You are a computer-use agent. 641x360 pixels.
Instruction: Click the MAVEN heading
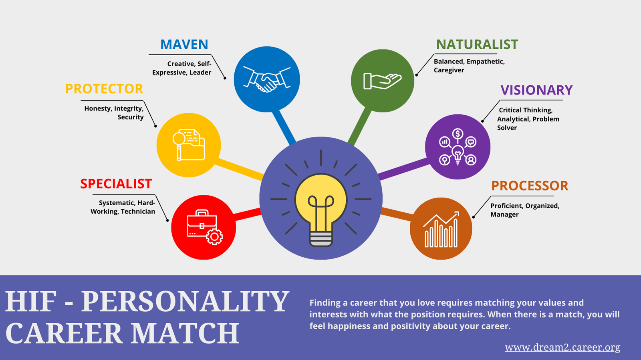tap(184, 44)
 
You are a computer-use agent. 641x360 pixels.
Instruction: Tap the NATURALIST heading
tap(477, 44)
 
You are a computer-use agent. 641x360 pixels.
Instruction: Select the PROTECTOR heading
tap(104, 88)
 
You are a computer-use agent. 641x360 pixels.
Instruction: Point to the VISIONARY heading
tap(536, 90)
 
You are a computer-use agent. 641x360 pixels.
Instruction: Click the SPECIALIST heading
tap(116, 184)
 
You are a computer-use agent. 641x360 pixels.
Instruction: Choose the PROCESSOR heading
tap(530, 186)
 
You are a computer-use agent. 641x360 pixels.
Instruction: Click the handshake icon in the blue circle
tap(267, 79)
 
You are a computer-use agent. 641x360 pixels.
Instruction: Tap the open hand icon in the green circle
tap(382, 81)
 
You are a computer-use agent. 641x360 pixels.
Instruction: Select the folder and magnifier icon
tap(189, 145)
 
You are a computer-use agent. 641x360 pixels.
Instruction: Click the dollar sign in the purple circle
tap(458, 134)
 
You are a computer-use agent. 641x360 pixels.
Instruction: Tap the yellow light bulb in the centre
tap(321, 210)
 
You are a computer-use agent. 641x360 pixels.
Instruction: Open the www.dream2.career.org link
tap(562, 347)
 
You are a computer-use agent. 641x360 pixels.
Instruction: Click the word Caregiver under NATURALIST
tap(449, 70)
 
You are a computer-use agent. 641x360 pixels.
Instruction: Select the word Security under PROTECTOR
tap(131, 117)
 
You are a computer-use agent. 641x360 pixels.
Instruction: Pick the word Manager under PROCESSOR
tap(504, 214)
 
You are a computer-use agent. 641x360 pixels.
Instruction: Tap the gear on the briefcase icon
tap(214, 236)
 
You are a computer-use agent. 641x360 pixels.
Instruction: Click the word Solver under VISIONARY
tap(507, 128)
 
